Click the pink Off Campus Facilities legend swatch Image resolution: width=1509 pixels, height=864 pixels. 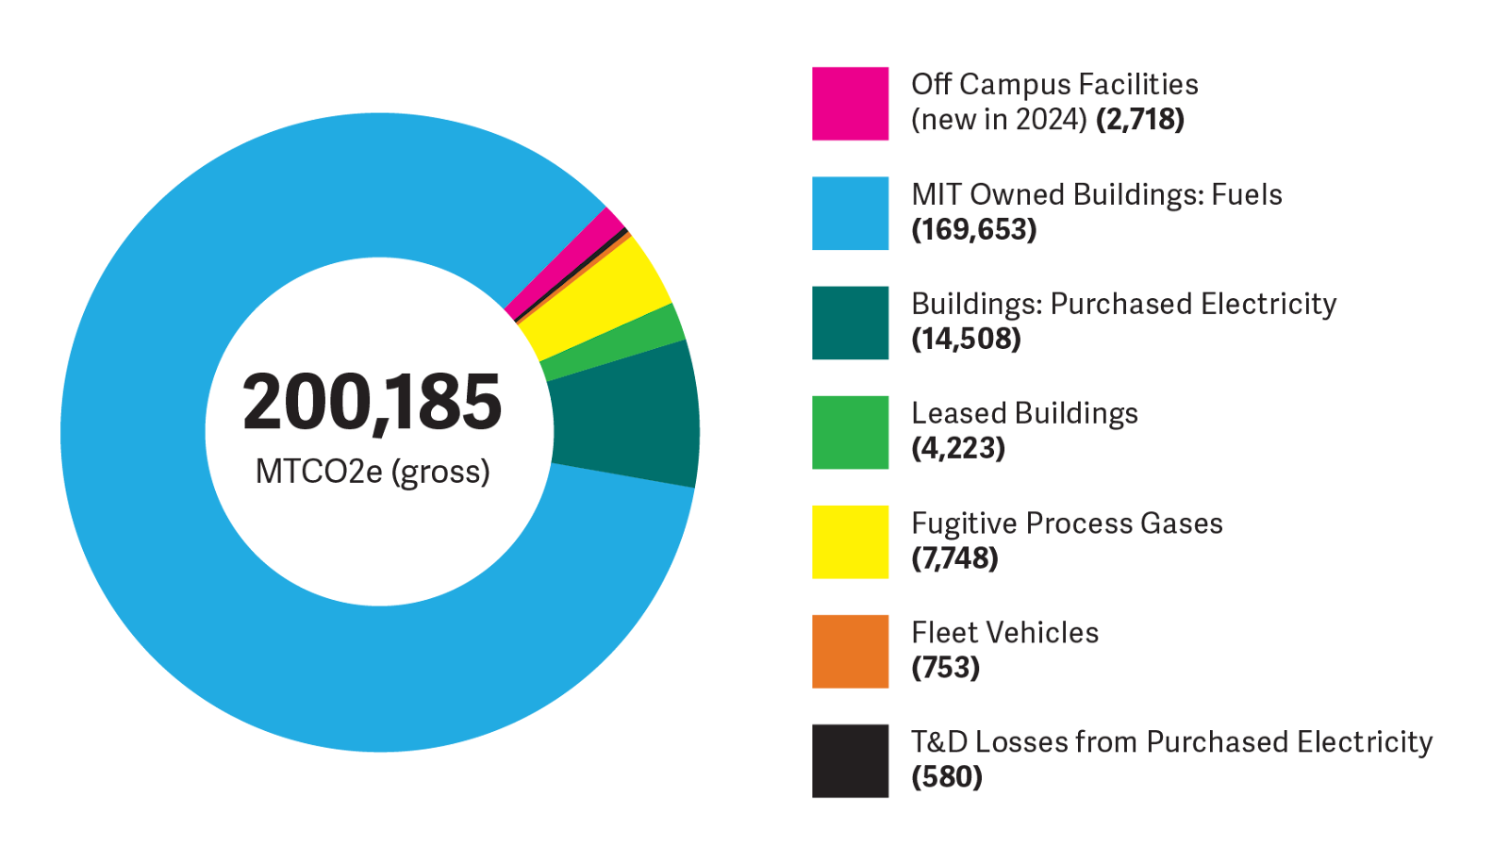click(850, 103)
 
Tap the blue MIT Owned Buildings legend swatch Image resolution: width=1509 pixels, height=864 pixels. click(850, 213)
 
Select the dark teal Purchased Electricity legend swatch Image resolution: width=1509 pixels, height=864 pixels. click(850, 323)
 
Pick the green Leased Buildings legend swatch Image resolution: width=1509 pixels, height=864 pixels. click(850, 432)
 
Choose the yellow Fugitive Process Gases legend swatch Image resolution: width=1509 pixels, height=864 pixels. click(850, 541)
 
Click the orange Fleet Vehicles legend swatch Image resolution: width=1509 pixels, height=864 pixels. click(850, 651)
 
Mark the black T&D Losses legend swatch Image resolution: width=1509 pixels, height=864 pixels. click(850, 760)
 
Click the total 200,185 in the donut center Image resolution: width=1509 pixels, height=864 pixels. click(373, 403)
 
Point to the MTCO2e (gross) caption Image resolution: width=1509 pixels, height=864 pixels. click(373, 471)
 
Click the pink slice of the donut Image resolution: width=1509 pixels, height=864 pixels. click(566, 264)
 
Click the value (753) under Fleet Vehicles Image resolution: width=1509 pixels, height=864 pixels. click(946, 668)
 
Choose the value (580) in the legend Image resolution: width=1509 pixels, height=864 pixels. click(947, 777)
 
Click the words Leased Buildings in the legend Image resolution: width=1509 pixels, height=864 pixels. click(1024, 413)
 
